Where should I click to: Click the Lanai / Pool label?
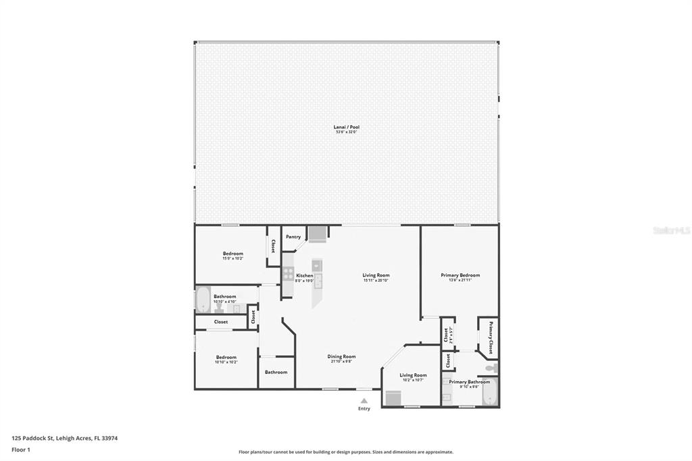[x=345, y=126]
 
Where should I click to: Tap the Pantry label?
[x=293, y=237]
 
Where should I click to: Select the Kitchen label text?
[x=304, y=276]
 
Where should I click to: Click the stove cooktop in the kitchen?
[x=288, y=274]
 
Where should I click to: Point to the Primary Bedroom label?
[x=460, y=275]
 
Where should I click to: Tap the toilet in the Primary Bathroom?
[x=493, y=368]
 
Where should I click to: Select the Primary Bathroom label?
[x=469, y=382]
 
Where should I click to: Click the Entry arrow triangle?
[x=364, y=401]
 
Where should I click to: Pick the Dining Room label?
[x=341, y=356]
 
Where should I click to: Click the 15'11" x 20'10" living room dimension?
[x=376, y=281]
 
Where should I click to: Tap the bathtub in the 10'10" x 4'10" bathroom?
[x=203, y=299]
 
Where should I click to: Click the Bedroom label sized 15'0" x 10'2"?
[x=232, y=253]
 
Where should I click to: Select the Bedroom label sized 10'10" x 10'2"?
[x=226, y=357]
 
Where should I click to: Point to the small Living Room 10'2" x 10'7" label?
[x=413, y=375]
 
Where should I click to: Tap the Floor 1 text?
[x=21, y=449]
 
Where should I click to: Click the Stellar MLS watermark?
[x=671, y=230]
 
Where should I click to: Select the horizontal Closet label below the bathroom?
[x=221, y=322]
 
